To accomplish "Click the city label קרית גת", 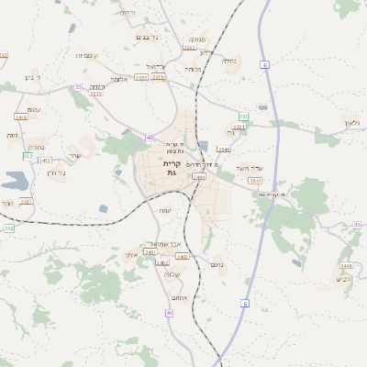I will (x=172, y=168).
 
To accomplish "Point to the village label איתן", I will (x=132, y=254).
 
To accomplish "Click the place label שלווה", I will (x=171, y=274).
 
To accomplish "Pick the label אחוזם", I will (x=179, y=297).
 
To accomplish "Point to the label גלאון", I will (x=354, y=122).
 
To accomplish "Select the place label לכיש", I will (x=343, y=279).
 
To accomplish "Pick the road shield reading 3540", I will (x=224, y=148).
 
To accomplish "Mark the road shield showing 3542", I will (x=255, y=181).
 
